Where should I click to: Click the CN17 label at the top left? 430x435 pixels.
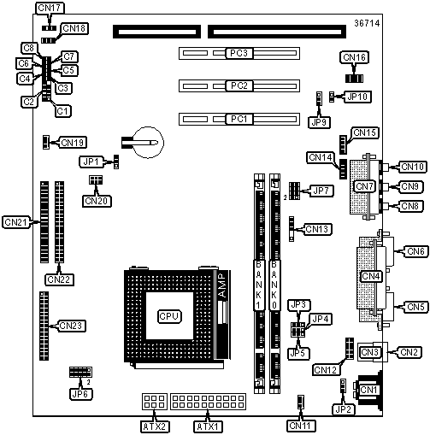click(50, 9)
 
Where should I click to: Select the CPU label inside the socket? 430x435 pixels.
click(169, 316)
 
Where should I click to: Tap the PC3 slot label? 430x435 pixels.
click(239, 53)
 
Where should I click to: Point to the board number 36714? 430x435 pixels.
click(367, 23)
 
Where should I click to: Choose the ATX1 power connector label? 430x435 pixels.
click(208, 426)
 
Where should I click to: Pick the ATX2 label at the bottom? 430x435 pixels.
click(155, 426)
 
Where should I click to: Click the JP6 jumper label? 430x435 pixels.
click(81, 394)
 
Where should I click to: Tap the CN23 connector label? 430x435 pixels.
click(71, 326)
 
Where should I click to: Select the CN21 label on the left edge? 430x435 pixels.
click(16, 222)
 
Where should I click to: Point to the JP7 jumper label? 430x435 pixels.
click(321, 191)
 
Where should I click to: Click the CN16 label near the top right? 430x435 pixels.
click(354, 57)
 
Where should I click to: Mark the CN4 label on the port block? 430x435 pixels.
click(371, 276)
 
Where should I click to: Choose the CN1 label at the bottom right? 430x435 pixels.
click(368, 390)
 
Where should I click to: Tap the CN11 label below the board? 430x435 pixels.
click(300, 426)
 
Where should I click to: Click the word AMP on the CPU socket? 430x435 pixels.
click(222, 285)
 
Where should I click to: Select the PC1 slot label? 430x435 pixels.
click(239, 119)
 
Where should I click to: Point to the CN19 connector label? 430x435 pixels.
click(73, 143)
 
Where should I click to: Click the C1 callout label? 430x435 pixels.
click(63, 111)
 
